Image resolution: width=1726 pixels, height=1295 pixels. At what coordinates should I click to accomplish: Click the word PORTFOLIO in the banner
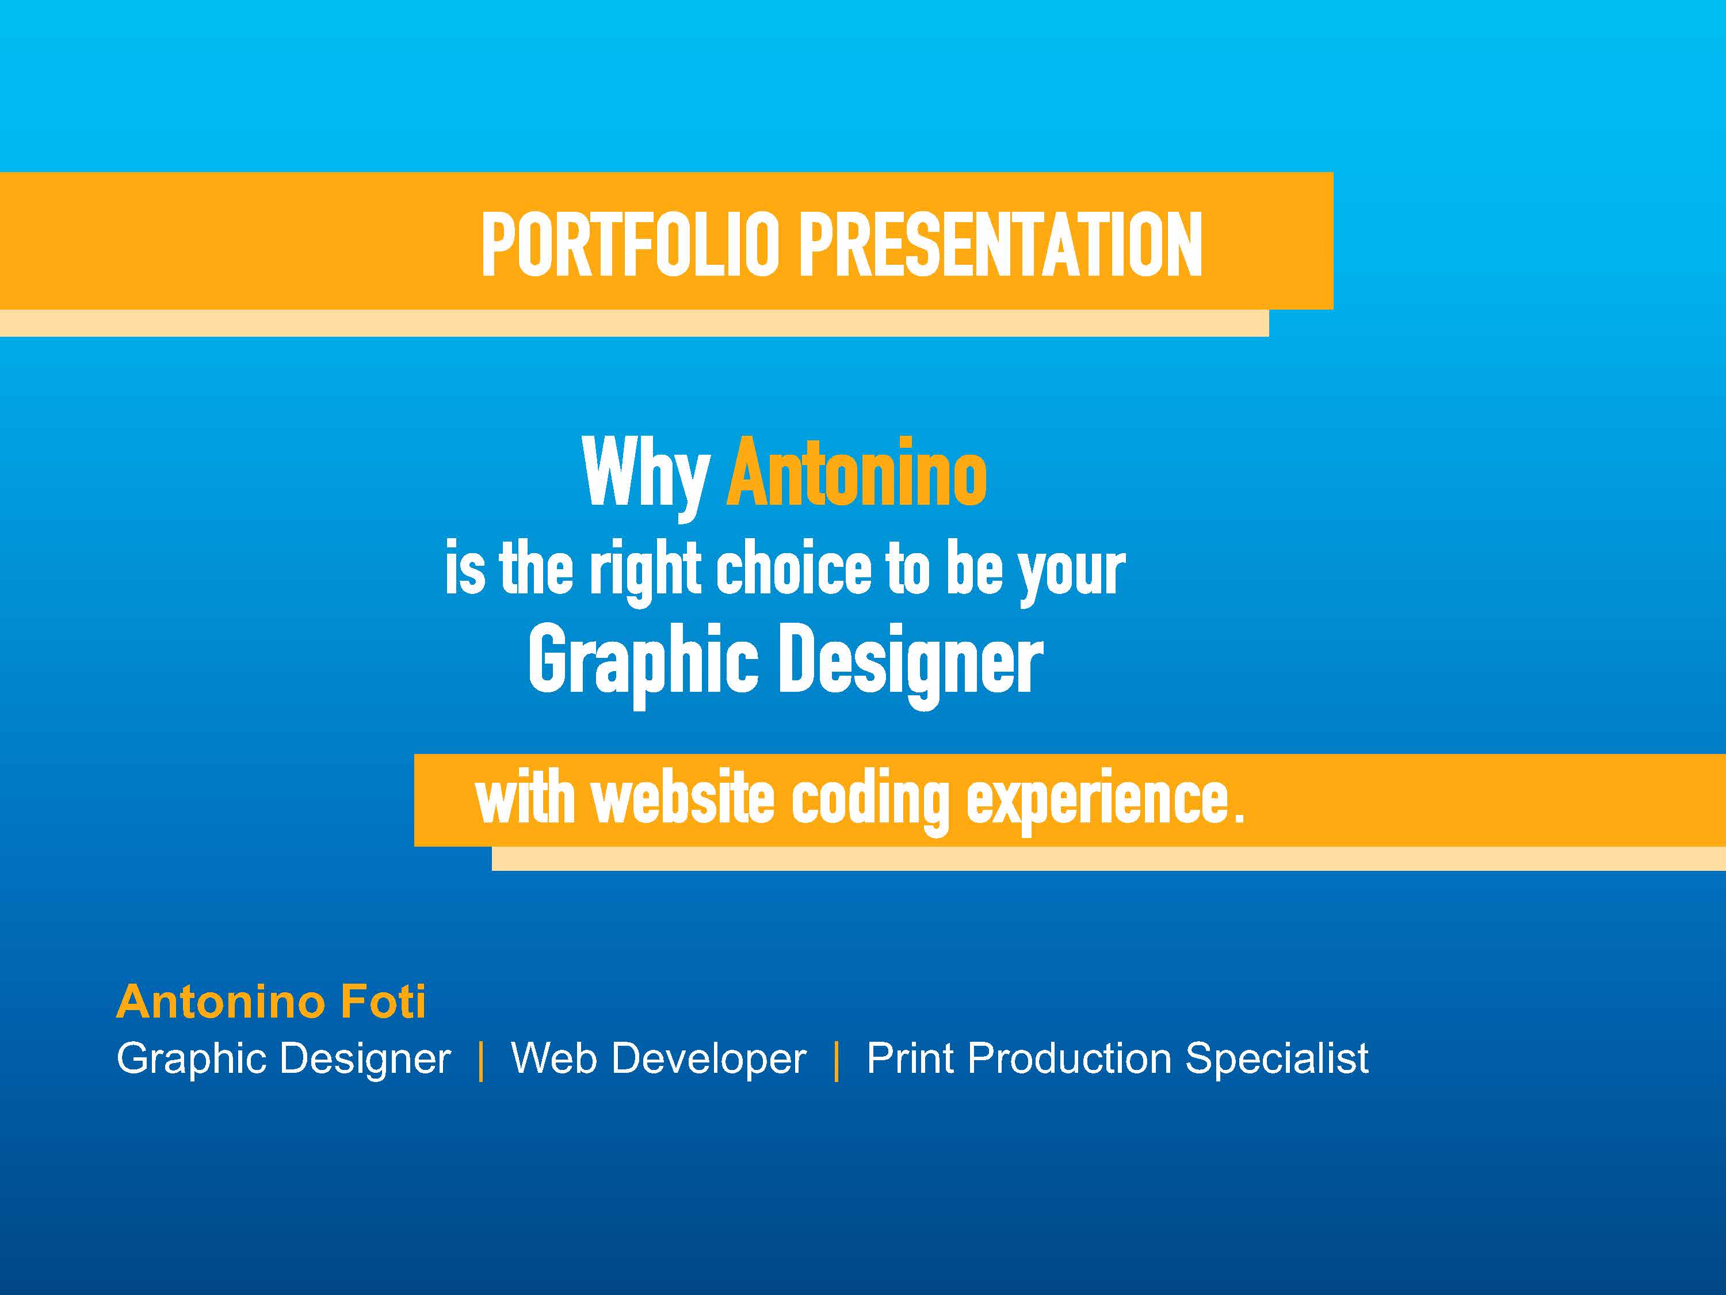coord(631,245)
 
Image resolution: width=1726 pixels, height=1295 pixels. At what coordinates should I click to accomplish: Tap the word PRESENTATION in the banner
coord(1001,245)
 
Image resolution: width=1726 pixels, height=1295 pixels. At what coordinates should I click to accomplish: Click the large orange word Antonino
coord(857,471)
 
